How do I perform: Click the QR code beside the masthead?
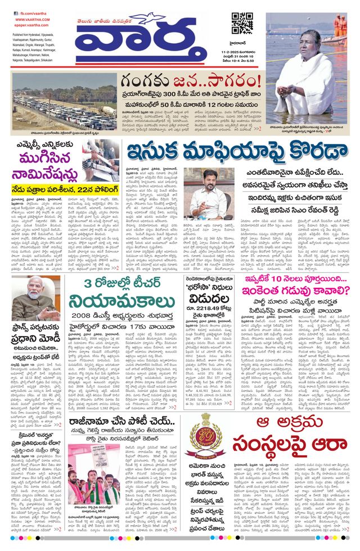[242, 22]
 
